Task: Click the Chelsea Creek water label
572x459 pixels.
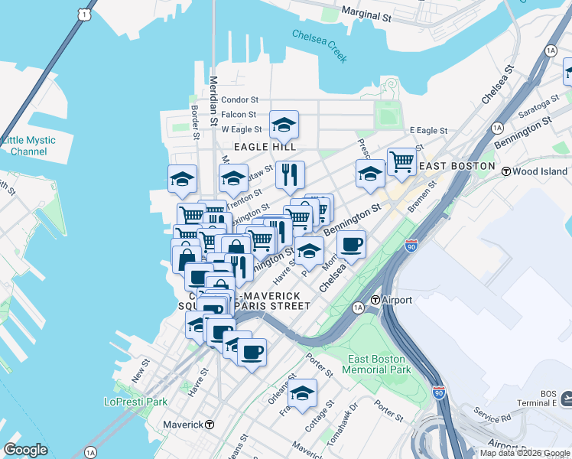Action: click(x=319, y=46)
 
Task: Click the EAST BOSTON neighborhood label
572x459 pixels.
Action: click(x=457, y=166)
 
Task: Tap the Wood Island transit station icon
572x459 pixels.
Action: click(x=505, y=171)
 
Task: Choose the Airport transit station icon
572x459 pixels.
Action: click(x=376, y=300)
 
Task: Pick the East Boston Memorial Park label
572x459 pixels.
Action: click(x=379, y=364)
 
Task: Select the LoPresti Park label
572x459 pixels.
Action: click(x=135, y=401)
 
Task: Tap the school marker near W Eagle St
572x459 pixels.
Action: click(x=284, y=125)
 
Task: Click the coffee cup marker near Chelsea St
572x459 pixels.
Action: click(x=351, y=246)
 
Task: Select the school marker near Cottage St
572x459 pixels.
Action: click(x=303, y=393)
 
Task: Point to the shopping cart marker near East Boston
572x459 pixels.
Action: click(x=401, y=162)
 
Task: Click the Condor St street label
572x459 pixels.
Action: click(x=240, y=99)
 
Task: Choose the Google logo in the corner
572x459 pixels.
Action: click(x=25, y=450)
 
